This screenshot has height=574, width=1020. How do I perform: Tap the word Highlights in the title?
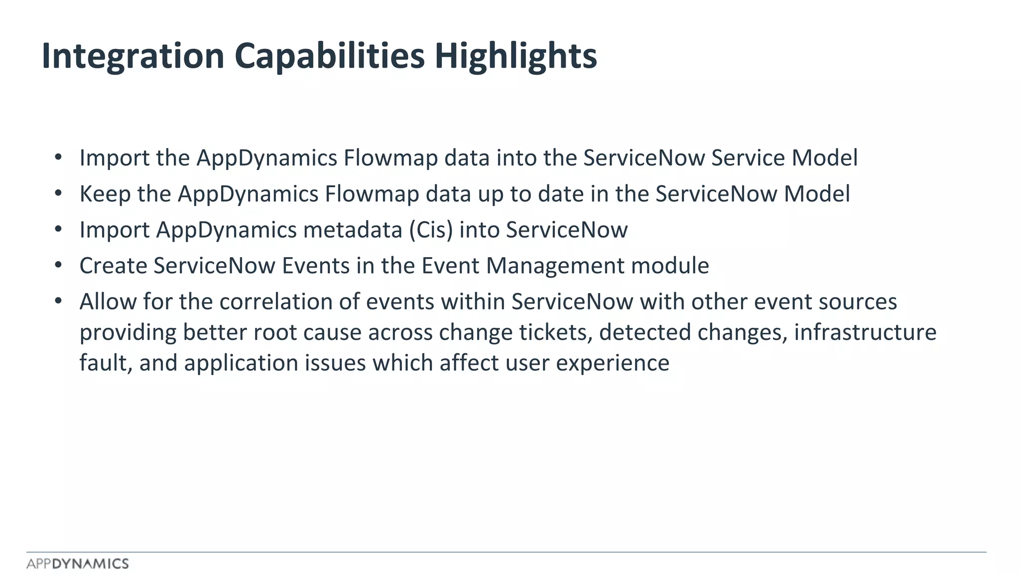[x=515, y=56]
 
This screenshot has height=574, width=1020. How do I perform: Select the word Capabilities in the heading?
[x=329, y=56]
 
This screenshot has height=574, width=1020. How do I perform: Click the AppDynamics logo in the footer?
[x=78, y=564]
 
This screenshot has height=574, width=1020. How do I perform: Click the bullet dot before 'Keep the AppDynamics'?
[x=58, y=193]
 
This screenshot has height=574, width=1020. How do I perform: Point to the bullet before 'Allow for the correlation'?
[x=58, y=300]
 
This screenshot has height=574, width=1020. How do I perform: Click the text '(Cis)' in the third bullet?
[x=431, y=230]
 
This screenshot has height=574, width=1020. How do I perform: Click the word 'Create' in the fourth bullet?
[x=113, y=266]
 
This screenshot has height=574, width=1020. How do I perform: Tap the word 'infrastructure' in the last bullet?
[x=865, y=332]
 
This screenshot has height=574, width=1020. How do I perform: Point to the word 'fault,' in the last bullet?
[x=106, y=363]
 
